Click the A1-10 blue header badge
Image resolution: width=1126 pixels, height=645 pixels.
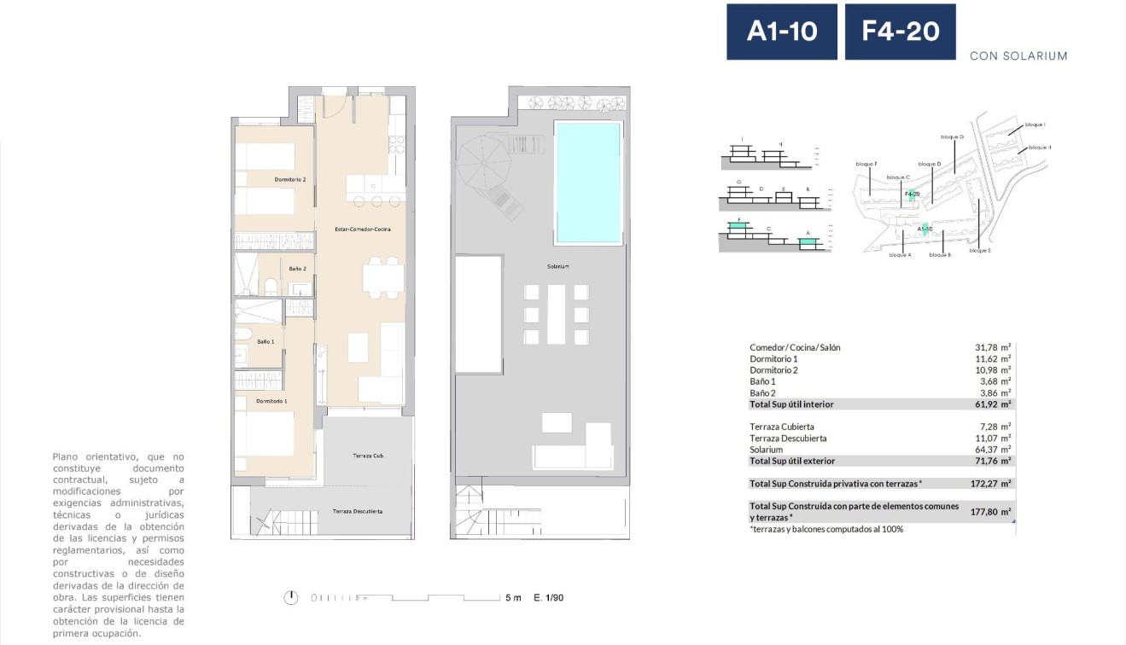coord(781,32)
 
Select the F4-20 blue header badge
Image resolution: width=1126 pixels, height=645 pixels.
coord(900,32)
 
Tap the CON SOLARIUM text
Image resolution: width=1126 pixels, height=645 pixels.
coord(1018,56)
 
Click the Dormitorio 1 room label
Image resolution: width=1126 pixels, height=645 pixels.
coord(271,401)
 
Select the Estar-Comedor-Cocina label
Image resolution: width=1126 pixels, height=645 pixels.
coord(357,230)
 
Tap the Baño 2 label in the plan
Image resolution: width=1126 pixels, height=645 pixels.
coord(297,269)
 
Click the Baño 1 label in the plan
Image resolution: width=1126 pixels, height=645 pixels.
coord(265,342)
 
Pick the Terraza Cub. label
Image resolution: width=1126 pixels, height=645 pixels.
coord(368,456)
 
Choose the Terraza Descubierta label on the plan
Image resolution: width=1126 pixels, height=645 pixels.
coord(357,511)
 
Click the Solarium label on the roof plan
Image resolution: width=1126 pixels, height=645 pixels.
coord(557,266)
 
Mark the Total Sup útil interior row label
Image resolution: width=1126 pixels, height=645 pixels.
coord(791,404)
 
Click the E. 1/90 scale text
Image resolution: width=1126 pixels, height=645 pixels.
coord(548,597)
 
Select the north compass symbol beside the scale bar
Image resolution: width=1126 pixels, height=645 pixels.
coord(292,597)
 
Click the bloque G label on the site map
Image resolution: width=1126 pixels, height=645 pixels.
coord(952,137)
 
